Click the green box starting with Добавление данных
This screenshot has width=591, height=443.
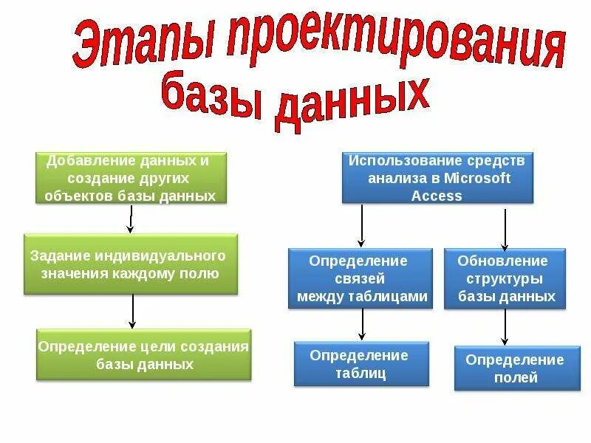(x=131, y=178)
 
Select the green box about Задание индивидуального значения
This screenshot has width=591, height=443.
(x=131, y=264)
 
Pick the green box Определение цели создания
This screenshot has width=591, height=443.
(x=144, y=355)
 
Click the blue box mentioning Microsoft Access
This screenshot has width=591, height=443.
(x=437, y=178)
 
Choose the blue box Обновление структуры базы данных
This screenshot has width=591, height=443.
(x=505, y=278)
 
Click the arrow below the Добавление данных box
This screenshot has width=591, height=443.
(x=131, y=219)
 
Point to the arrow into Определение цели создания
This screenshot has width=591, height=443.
(x=132, y=311)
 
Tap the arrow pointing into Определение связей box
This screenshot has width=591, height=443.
(x=361, y=226)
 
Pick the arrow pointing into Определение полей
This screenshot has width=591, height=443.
(x=505, y=326)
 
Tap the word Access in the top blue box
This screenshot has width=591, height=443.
(x=437, y=196)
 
